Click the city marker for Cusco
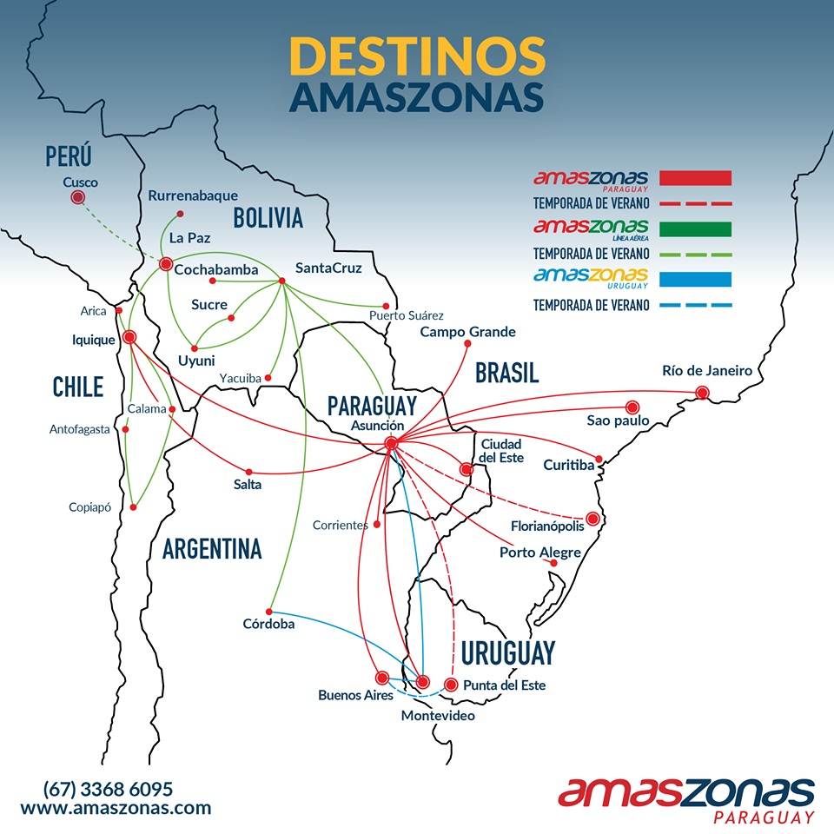click(x=77, y=198)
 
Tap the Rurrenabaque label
click(x=192, y=195)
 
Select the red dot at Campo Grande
click(x=467, y=344)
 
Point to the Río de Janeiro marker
click(x=702, y=393)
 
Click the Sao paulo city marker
click(x=632, y=406)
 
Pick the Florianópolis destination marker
click(x=592, y=519)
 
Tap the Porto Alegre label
click(x=539, y=553)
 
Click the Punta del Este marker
click(x=450, y=684)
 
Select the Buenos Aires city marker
click(x=381, y=677)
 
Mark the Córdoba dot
click(x=270, y=610)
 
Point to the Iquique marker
click(x=129, y=337)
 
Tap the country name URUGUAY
click(x=507, y=652)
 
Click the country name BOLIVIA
click(x=268, y=217)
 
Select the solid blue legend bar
click(x=696, y=279)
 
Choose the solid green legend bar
click(x=696, y=228)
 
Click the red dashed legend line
click(x=696, y=203)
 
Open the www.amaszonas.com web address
click(x=116, y=808)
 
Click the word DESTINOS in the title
click(x=417, y=56)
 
